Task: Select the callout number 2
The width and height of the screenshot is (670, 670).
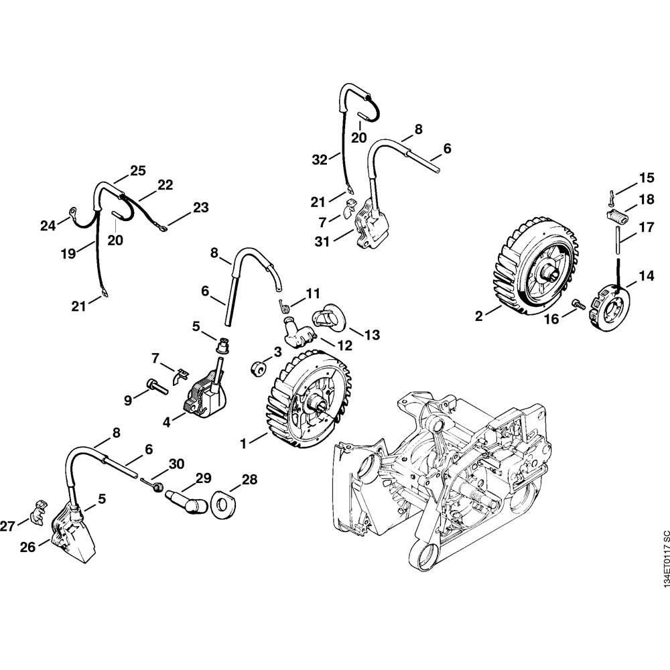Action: point(479,315)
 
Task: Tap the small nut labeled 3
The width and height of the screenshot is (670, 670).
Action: point(256,367)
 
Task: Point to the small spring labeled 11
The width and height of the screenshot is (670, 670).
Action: point(283,305)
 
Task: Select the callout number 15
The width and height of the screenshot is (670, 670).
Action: point(646,178)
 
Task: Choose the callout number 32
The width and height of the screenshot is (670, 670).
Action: point(320,159)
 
